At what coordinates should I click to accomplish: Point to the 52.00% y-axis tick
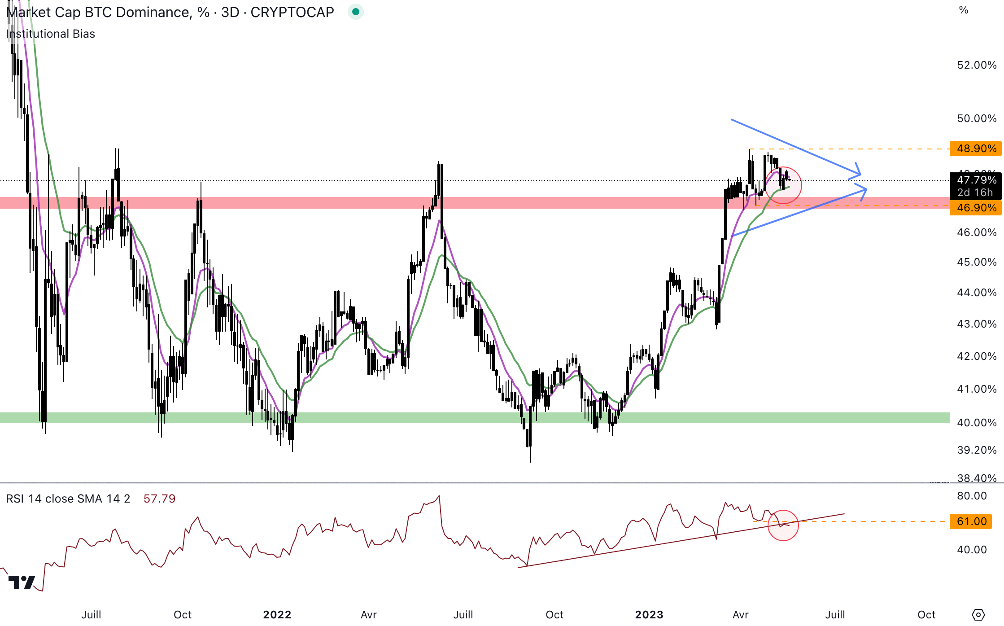(977, 65)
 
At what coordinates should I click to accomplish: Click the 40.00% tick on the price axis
(977, 423)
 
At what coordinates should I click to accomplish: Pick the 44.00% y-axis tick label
(977, 293)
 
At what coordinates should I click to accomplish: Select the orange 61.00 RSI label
(971, 521)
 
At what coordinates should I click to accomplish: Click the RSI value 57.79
(159, 499)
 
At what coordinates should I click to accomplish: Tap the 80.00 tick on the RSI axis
(972, 496)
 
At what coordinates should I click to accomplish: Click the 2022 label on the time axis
(277, 615)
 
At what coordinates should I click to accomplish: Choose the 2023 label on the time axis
(649, 615)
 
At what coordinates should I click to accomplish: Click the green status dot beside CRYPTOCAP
(355, 12)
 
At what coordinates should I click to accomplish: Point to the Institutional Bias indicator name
(51, 34)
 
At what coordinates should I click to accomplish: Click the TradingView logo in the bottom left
(22, 582)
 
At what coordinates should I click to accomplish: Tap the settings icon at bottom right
(978, 615)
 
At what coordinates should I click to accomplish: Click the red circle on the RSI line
(783, 525)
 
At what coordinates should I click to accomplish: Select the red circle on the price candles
(783, 185)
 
